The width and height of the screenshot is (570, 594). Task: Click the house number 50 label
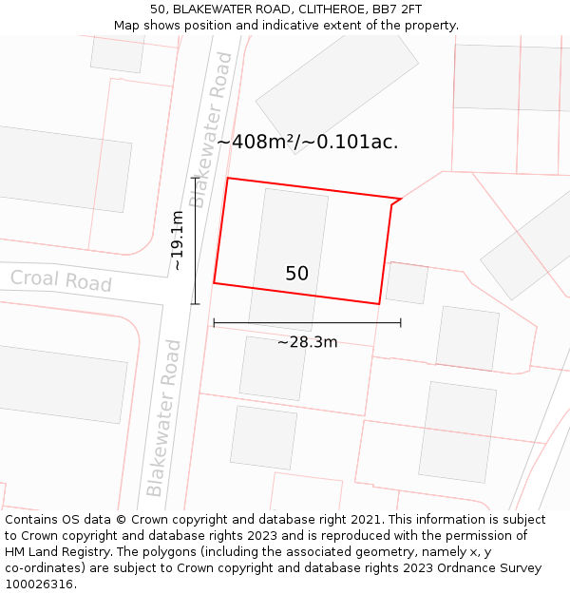point(296,274)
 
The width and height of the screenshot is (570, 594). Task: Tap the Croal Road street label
point(61,280)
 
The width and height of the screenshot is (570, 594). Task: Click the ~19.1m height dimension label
point(178,240)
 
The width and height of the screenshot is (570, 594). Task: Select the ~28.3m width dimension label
point(307,342)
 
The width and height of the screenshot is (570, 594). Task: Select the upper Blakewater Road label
point(211,129)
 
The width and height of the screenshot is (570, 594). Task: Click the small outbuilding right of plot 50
point(407,282)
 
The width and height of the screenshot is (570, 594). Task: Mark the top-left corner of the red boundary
point(227,178)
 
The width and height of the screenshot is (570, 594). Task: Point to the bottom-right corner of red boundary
point(379,304)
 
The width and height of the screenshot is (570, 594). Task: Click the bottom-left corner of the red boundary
point(214,282)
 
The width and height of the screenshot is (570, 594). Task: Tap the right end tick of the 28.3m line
point(401,323)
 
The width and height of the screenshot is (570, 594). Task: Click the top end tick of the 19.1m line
point(195,177)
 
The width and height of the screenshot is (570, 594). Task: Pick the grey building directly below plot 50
point(272,368)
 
